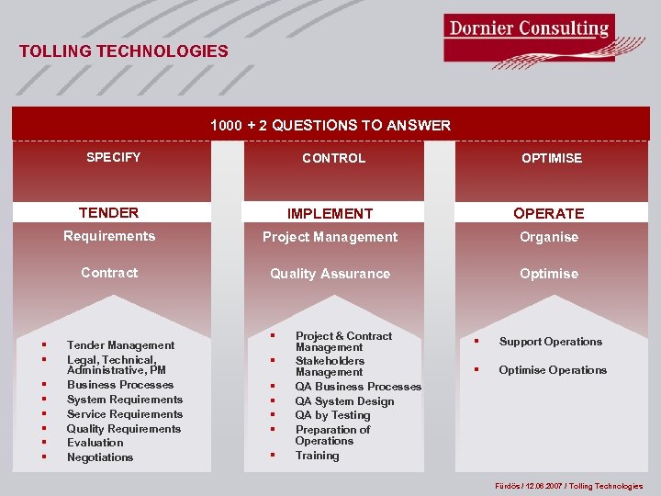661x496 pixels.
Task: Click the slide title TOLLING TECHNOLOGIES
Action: (x=124, y=51)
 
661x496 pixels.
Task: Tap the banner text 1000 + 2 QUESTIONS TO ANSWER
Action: (x=330, y=125)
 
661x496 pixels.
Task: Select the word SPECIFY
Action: (x=113, y=157)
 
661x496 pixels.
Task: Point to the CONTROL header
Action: (x=333, y=158)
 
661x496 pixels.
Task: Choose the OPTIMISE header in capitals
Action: (x=551, y=158)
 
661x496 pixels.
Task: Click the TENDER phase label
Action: (x=108, y=212)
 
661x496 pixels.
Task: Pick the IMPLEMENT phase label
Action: (x=330, y=213)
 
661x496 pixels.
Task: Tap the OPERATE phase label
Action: (x=548, y=213)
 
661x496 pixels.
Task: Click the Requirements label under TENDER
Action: (x=109, y=236)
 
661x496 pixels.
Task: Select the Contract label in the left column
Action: (x=109, y=273)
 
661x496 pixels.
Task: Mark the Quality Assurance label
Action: (x=330, y=274)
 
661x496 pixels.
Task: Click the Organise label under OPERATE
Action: (x=549, y=237)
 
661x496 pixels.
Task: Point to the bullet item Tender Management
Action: (x=120, y=345)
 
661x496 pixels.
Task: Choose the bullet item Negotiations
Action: (x=100, y=457)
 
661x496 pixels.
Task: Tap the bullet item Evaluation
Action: (x=95, y=443)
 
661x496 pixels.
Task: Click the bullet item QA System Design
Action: (x=344, y=401)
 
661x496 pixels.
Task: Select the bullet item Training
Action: (x=317, y=456)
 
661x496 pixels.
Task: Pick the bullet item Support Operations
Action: (x=550, y=342)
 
